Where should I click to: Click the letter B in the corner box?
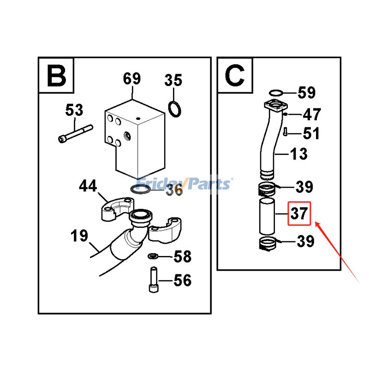click(57, 76)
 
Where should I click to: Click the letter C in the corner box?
click(235, 76)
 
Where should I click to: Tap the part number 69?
click(131, 79)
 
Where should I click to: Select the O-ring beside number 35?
click(174, 109)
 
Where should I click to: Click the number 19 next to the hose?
click(79, 236)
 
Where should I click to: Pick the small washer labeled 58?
click(153, 256)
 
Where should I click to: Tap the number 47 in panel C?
click(311, 114)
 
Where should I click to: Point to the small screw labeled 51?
click(286, 131)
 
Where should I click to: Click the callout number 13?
click(298, 154)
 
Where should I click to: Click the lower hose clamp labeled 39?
click(268, 243)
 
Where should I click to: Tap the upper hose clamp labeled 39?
click(267, 188)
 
